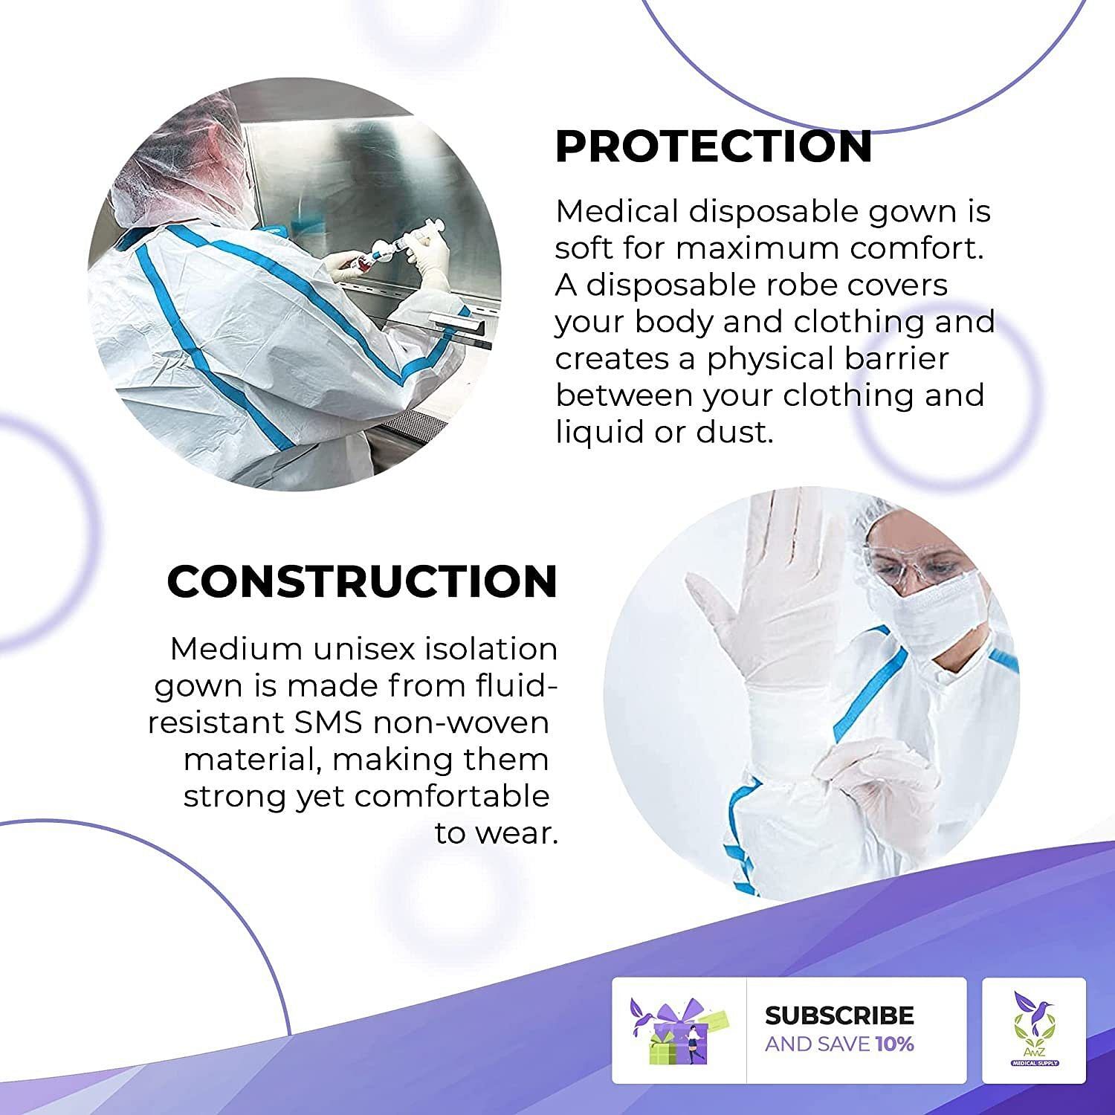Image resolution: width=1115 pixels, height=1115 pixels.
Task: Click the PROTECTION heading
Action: click(714, 146)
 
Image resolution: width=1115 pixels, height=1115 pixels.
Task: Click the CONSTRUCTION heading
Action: click(362, 581)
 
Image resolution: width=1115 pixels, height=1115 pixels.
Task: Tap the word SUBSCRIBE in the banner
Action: click(839, 1015)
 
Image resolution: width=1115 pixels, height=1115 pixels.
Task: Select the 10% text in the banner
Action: click(894, 1044)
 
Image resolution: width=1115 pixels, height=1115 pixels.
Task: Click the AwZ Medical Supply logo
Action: click(1034, 1030)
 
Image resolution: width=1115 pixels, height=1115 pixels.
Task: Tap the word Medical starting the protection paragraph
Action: click(617, 212)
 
